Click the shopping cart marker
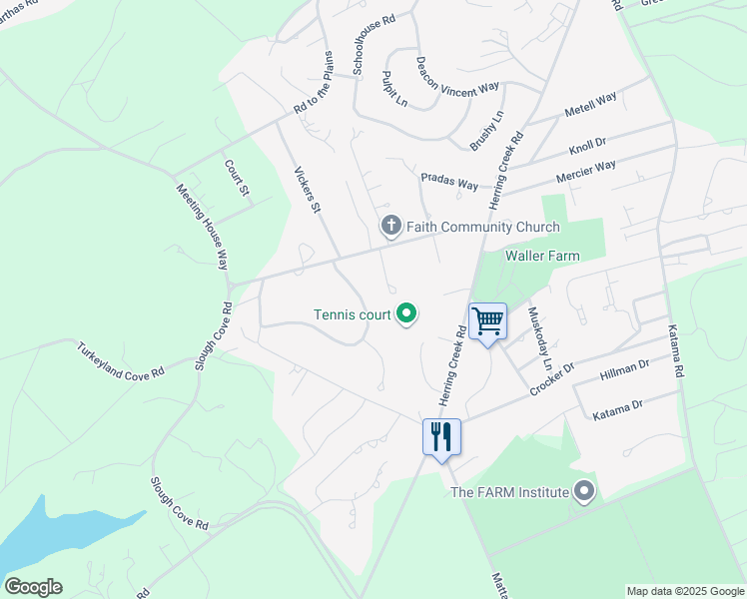coord(487,322)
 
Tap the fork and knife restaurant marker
coord(440,437)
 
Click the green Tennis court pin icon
coord(406,314)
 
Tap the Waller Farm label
coord(542,257)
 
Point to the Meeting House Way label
coord(203,227)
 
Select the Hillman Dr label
coord(624,372)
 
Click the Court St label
coord(236,178)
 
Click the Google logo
coord(33,587)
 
